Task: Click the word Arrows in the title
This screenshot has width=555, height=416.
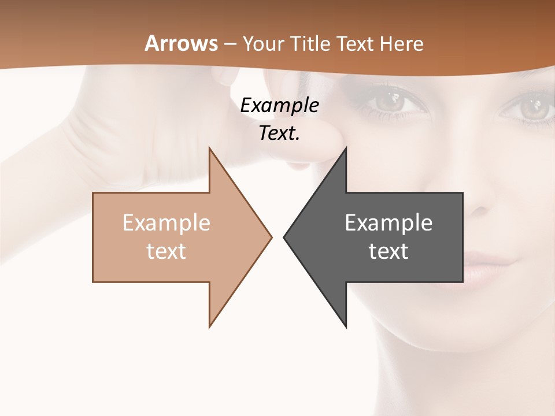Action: (x=182, y=44)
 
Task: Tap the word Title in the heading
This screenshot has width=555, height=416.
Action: (x=312, y=44)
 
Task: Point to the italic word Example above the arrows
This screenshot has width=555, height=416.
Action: (x=279, y=106)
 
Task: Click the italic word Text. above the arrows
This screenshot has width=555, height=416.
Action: (x=279, y=133)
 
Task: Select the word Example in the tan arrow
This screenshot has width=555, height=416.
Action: (x=166, y=223)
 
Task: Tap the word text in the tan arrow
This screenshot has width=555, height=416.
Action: (x=166, y=251)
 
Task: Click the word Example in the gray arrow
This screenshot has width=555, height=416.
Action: (x=388, y=223)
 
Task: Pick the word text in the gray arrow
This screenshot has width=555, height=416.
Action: (x=388, y=251)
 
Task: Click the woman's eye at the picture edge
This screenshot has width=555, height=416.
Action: (x=532, y=107)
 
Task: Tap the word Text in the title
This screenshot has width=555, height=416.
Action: (x=356, y=44)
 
